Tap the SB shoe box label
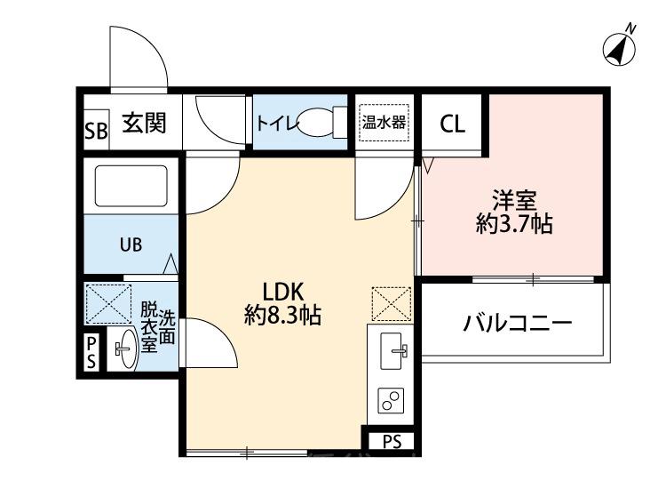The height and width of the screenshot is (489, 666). click(95, 132)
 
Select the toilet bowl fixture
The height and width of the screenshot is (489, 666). click(319, 124)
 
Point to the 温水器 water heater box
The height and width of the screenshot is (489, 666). click(384, 122)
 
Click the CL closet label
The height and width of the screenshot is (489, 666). click(452, 124)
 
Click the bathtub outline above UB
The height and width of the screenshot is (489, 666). click(131, 187)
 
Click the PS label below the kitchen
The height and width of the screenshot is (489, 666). click(391, 442)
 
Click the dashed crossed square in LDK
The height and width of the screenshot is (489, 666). click(392, 303)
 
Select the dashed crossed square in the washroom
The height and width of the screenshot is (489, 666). click(107, 302)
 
